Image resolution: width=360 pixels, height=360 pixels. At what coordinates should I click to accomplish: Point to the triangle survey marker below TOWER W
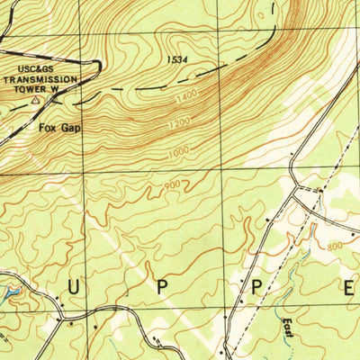pyautogui.click(x=35, y=102)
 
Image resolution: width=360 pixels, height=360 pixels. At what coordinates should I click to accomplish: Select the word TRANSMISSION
pyautogui.click(x=41, y=78)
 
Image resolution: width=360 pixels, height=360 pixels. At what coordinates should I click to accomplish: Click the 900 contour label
pyautogui.click(x=172, y=186)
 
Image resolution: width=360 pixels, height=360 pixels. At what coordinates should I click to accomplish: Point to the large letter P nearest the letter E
pyautogui.click(x=254, y=288)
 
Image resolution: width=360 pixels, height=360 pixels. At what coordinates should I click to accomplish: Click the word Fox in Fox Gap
pyautogui.click(x=47, y=128)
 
